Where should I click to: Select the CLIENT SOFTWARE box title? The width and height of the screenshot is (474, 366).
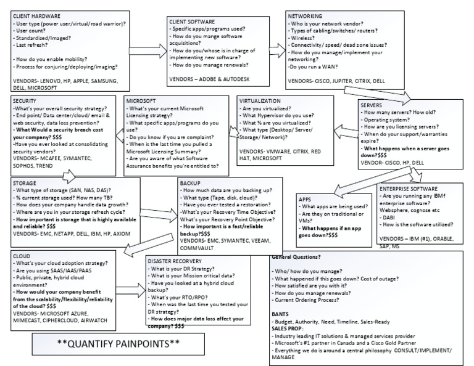(x=193, y=22)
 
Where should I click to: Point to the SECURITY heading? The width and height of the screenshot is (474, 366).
(x=24, y=100)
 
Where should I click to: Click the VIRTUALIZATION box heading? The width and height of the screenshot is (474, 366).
(x=260, y=100)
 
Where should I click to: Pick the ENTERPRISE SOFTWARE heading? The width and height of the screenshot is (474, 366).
(x=409, y=188)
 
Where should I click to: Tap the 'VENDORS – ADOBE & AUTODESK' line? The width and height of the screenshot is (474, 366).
(x=210, y=79)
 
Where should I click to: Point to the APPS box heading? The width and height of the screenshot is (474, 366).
(x=305, y=200)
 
